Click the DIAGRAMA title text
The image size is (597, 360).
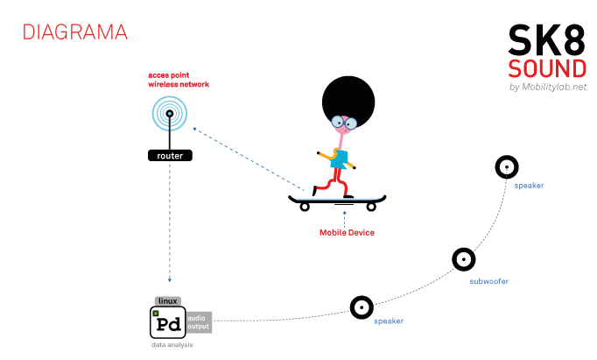(74, 32)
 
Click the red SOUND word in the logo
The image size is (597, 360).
(547, 69)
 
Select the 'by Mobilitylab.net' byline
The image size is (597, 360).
(547, 87)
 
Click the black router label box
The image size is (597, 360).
(170, 155)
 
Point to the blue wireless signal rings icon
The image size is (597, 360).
(170, 113)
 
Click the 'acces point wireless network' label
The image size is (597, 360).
(179, 81)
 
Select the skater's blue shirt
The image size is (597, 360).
(339, 159)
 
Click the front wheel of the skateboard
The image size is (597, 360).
(371, 207)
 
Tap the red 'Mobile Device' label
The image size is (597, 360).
(346, 232)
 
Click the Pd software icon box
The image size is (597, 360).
(167, 321)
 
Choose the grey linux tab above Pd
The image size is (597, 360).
(167, 300)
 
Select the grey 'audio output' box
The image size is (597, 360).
(199, 321)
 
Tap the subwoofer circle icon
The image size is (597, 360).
(464, 259)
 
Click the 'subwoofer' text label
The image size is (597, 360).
(488, 281)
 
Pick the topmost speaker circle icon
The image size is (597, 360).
(507, 166)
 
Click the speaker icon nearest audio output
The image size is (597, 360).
(362, 307)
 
